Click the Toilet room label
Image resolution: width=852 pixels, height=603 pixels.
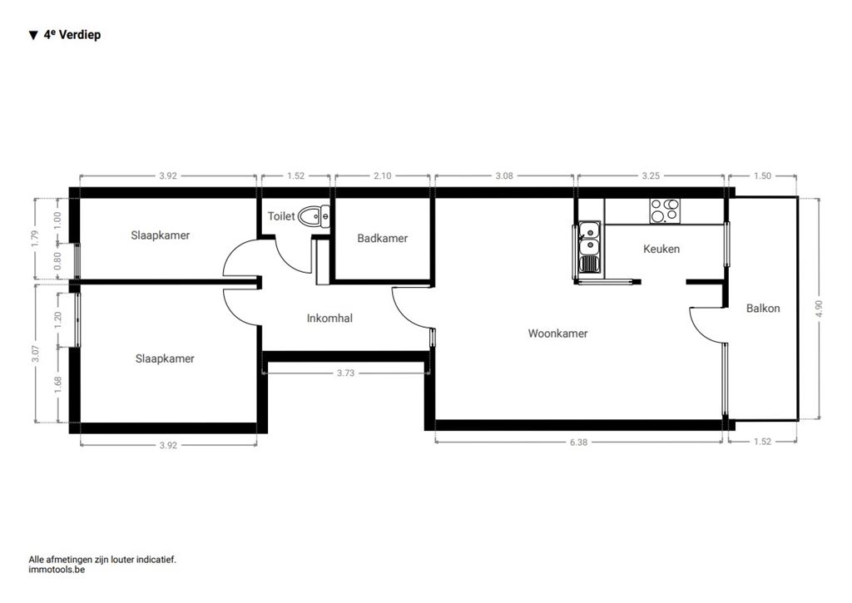[281, 216]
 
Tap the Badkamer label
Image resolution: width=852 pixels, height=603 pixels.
[382, 238]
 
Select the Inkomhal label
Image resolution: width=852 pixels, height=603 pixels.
[329, 319]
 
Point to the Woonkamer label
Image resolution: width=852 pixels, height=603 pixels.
[557, 334]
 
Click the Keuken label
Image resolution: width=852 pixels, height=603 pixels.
[661, 249]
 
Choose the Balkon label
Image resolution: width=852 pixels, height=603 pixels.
[763, 309]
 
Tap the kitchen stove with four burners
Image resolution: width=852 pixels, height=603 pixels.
[665, 210]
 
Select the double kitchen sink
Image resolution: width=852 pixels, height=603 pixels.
[588, 248]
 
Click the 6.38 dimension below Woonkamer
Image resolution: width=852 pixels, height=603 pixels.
[579, 442]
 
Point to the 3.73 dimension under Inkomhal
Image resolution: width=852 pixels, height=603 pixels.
[345, 373]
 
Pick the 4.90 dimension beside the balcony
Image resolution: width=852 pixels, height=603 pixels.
[820, 309]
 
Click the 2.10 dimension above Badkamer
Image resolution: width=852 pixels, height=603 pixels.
[383, 176]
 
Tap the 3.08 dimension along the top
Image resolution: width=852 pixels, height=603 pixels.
[504, 176]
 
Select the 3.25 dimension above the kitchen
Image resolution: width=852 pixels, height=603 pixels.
[651, 176]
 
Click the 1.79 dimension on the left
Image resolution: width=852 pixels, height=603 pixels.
[35, 240]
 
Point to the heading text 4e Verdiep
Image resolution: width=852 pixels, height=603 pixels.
[72, 35]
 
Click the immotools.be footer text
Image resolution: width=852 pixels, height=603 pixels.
[57, 570]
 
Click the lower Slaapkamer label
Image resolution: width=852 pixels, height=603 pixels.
[165, 358]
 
